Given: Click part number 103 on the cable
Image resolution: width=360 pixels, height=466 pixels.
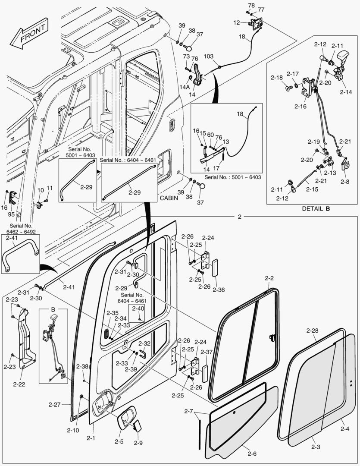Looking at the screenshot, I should [x=208, y=57].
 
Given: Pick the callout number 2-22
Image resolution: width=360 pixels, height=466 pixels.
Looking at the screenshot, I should [x=19, y=384].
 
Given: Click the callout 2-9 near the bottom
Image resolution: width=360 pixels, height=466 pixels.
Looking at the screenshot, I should [x=138, y=443].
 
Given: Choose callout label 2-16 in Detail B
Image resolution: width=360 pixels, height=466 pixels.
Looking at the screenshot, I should [x=300, y=106].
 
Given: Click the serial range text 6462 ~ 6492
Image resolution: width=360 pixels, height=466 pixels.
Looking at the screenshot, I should [x=19, y=232].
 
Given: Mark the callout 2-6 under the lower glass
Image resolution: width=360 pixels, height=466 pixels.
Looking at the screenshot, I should [x=252, y=453].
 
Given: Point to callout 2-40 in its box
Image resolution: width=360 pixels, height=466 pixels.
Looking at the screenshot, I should [x=138, y=309].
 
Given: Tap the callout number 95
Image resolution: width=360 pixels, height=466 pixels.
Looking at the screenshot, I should [x=11, y=214].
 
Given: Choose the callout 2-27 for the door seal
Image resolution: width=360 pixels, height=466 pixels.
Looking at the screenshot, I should [x=55, y=404].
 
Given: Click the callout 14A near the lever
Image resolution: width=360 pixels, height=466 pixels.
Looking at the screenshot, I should [x=185, y=87].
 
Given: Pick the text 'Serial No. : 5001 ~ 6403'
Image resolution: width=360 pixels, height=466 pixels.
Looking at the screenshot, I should [x=233, y=177].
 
